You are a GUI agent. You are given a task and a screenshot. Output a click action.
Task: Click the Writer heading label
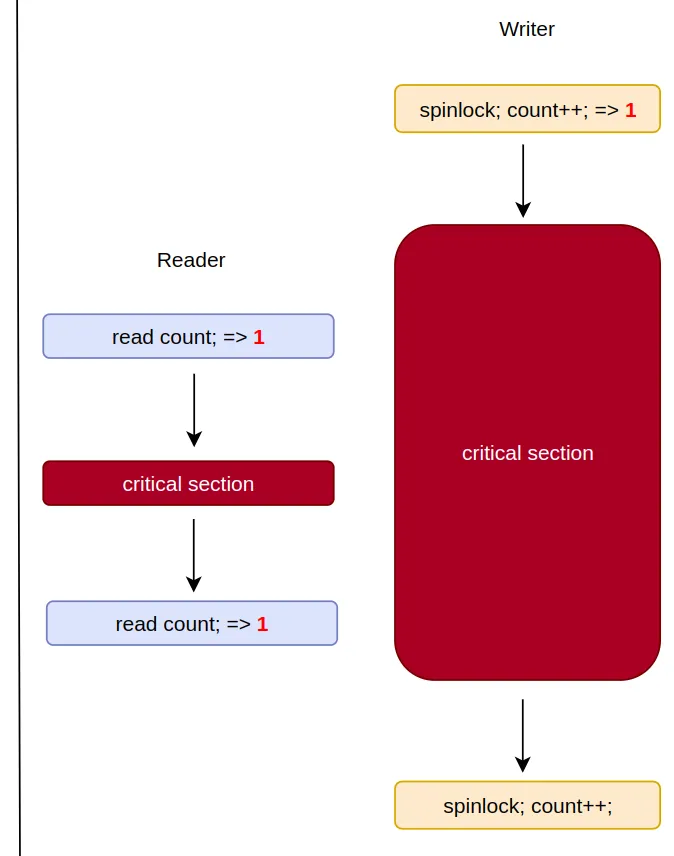pos(527,29)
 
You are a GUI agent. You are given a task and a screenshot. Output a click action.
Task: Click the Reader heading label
pos(191,260)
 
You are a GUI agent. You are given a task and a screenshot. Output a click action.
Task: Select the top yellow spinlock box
pos(527,109)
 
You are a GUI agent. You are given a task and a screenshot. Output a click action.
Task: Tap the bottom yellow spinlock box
pos(527,805)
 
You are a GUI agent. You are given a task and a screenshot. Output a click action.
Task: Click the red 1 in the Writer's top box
pos(630,110)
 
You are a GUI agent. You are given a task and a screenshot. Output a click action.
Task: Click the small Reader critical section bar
pos(188,484)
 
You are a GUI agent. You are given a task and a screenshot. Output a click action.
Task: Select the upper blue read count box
pos(188,336)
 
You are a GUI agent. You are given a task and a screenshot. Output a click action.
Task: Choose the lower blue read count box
pos(192,623)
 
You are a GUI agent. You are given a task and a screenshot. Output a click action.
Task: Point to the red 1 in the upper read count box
pos(259,337)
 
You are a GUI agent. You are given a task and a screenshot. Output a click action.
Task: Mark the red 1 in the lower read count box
pos(262,624)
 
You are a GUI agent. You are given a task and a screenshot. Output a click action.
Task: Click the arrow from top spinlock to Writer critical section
pos(523,180)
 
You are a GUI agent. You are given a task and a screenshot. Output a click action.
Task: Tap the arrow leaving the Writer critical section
pos(523,735)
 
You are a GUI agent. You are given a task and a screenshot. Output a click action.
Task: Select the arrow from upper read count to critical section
pos(194,410)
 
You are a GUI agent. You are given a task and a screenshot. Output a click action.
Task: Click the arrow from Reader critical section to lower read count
pos(194,555)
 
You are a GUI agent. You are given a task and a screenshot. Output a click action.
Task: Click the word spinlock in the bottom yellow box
pos(483,806)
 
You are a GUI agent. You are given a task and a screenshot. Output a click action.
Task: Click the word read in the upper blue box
pos(133,337)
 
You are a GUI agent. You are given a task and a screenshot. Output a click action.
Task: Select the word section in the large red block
pos(562,453)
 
